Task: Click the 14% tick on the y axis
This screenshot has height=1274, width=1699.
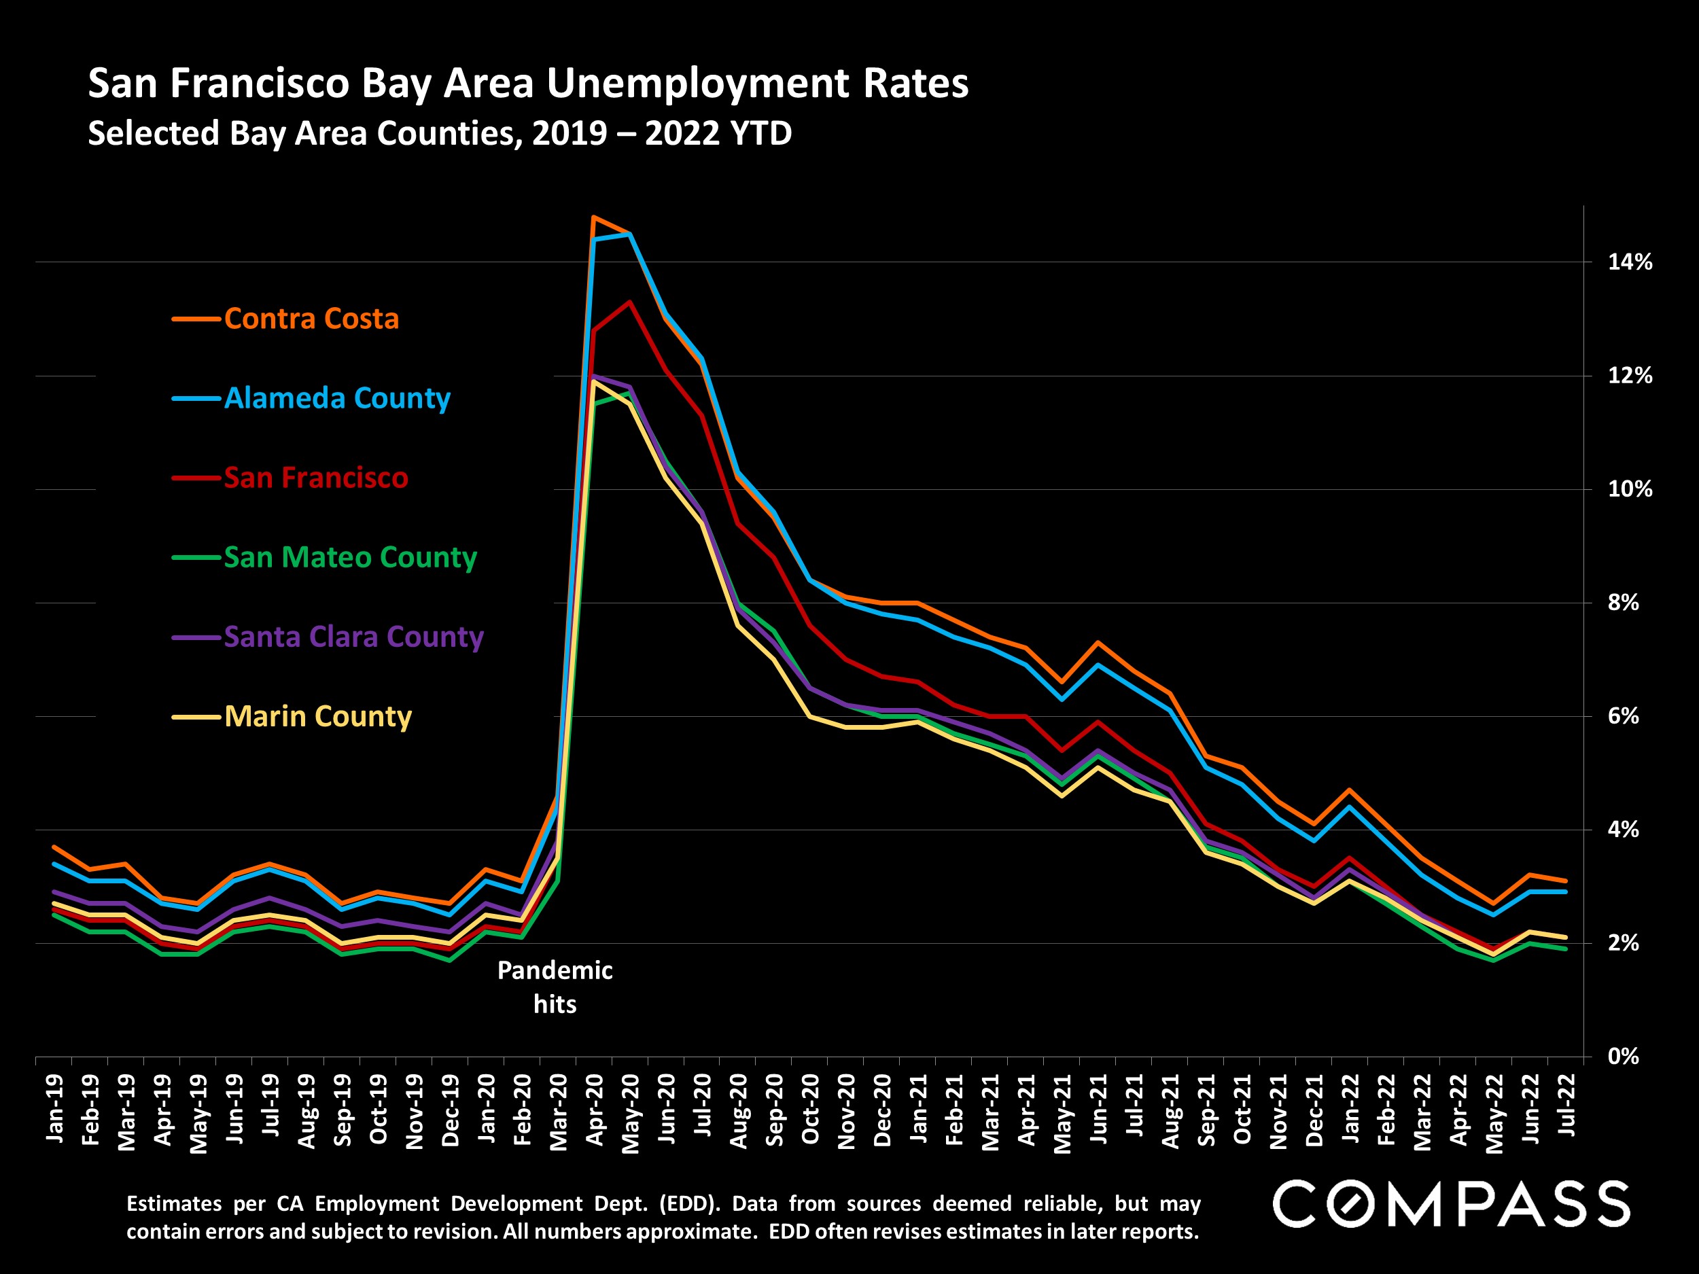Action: [x=1630, y=262]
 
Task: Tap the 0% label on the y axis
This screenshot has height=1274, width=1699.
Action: [x=1623, y=1057]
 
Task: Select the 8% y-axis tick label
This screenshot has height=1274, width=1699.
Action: [x=1623, y=603]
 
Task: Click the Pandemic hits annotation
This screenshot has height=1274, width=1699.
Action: [x=555, y=987]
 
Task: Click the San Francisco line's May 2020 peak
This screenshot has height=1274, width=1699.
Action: [x=630, y=302]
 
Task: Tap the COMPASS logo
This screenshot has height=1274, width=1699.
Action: [x=1451, y=1203]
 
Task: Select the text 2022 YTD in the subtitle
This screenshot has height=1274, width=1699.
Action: [x=718, y=134]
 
